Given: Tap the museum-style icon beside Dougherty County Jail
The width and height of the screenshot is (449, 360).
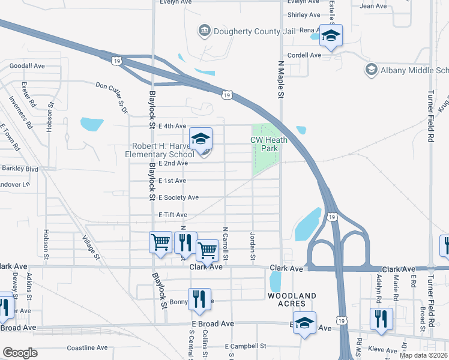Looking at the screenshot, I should [x=205, y=31].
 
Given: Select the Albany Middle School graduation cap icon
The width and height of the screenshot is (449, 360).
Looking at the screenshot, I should [x=371, y=70].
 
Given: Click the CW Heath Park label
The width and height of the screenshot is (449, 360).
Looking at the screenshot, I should [x=269, y=144].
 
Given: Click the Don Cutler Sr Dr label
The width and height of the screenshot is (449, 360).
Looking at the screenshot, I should [x=112, y=97].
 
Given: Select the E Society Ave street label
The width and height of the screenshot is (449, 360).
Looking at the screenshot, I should [x=178, y=197].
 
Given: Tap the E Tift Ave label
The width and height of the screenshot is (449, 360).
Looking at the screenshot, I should [x=173, y=215].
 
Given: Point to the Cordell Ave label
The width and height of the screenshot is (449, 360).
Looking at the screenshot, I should [x=304, y=55].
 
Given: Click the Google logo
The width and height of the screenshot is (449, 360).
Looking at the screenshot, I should [x=20, y=352].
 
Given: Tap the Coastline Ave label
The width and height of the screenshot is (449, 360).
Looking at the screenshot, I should [x=87, y=347].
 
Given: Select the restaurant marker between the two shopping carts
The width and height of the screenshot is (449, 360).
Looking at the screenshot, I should [x=185, y=243].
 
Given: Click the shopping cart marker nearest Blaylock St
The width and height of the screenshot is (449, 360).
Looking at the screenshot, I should [x=160, y=243].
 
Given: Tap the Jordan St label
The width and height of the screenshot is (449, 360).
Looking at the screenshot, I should [x=253, y=247].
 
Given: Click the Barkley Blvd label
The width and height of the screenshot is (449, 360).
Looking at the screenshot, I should [x=20, y=169].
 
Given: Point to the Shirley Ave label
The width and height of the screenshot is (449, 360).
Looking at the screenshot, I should [x=305, y=15].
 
